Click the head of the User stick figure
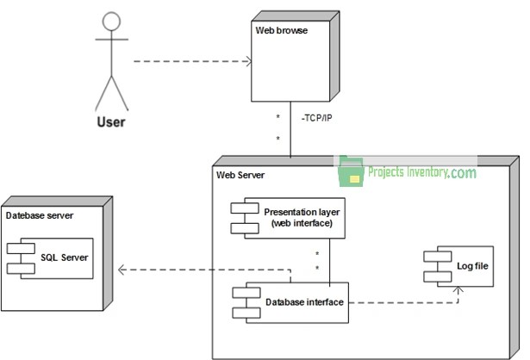pyautogui.click(x=109, y=22)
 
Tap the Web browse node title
pyautogui.click(x=281, y=30)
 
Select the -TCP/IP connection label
pyautogui.click(x=318, y=116)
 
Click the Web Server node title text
pyautogui.click(x=240, y=175)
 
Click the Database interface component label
pyautogui.click(x=304, y=301)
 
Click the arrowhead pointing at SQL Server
pyautogui.click(x=122, y=270)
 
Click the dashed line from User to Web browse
pyautogui.click(x=190, y=61)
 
